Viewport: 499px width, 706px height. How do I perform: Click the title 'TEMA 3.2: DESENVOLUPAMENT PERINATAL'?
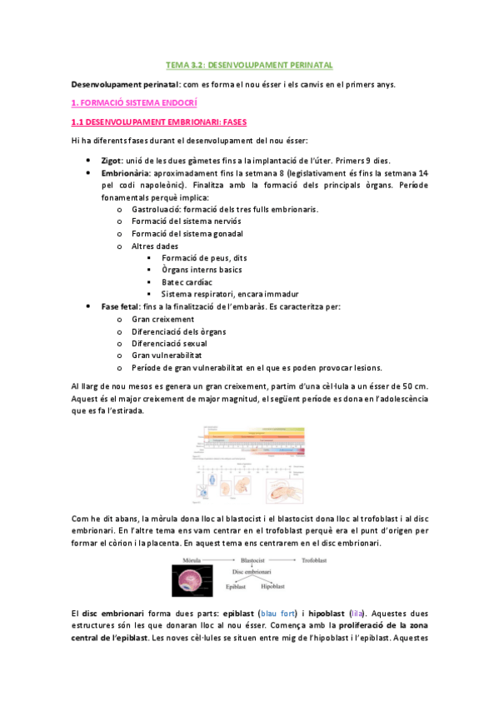(x=249, y=64)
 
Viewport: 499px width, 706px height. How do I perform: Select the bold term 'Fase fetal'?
(x=121, y=306)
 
